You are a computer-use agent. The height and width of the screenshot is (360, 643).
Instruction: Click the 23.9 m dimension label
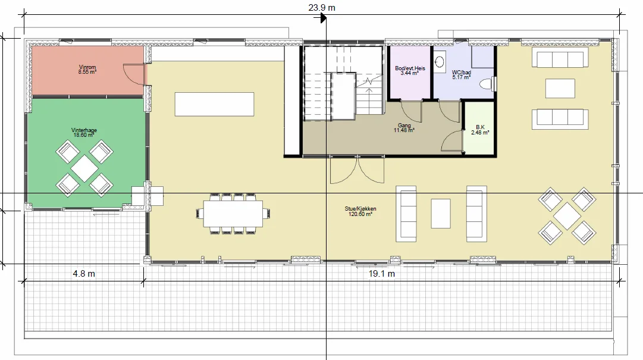coord(322,7)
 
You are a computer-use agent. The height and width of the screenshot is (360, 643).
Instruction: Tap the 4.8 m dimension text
coord(84,274)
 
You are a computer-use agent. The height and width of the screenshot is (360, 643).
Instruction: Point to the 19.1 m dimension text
coord(382,274)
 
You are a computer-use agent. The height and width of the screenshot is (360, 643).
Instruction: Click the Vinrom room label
coord(87,67)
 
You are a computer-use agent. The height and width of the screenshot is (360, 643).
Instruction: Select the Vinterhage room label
coord(84,130)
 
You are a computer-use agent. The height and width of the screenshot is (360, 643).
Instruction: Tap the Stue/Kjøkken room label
coord(360,209)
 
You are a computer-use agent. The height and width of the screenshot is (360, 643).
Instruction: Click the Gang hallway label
coord(404,126)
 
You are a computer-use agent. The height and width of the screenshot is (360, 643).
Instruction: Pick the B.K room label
coord(480,127)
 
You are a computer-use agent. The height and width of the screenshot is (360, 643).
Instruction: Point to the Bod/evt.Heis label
coord(410,68)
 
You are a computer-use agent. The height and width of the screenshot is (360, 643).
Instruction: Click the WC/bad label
coord(462,72)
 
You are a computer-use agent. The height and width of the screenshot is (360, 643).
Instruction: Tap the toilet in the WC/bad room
coord(488,84)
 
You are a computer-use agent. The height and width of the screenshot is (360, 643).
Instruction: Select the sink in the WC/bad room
coord(440,62)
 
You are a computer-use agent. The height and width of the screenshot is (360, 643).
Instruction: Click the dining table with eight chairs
coord(233,214)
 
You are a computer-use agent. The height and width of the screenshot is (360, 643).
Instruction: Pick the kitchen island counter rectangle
coord(215,104)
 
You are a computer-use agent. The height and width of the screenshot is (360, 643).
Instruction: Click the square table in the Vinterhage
coord(84,168)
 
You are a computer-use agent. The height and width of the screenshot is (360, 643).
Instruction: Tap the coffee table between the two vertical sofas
coord(441,214)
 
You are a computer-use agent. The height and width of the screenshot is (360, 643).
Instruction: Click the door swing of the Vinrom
coord(134,74)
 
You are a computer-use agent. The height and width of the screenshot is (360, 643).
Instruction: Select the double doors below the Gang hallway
coord(357,170)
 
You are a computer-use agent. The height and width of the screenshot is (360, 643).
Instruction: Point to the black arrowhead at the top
coord(323,18)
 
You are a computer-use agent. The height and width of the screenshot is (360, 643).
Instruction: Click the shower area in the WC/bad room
coord(482,57)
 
